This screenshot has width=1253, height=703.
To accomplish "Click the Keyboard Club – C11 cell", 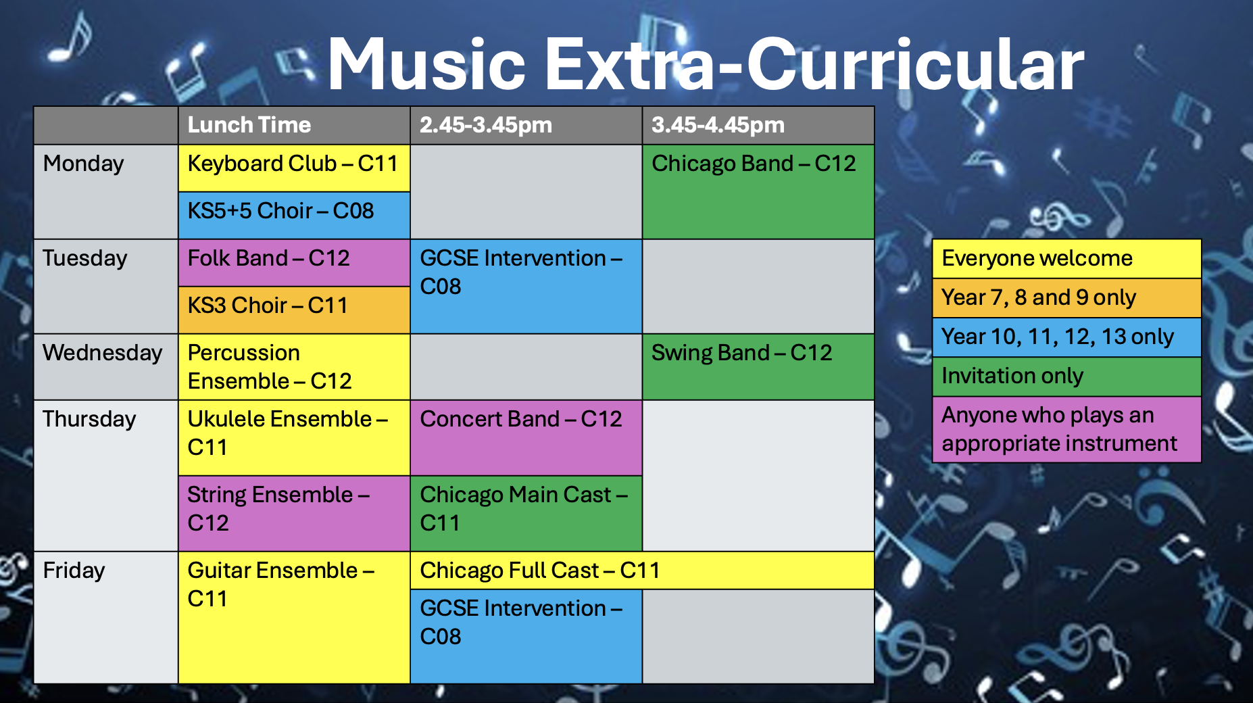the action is (294, 168).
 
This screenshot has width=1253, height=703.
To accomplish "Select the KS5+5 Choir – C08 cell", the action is (294, 216).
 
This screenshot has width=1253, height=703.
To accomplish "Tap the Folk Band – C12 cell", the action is (294, 263).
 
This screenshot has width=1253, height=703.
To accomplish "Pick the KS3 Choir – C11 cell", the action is (294, 310).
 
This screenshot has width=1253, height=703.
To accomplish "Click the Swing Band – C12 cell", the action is (758, 367).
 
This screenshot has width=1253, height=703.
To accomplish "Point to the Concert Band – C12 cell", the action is (526, 438).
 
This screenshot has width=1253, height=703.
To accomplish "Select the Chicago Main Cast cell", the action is (526, 514).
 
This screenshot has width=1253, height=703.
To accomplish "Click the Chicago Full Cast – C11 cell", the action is (642, 571).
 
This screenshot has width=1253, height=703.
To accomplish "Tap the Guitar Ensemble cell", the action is (294, 618).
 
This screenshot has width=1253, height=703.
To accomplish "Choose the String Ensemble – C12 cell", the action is (294, 514).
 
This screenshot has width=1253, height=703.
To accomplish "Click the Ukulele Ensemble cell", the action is (294, 438).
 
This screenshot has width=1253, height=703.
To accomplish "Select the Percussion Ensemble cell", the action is (294, 367).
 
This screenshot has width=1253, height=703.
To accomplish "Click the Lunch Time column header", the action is (294, 126).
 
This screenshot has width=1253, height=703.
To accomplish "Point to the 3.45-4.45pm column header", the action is (758, 126).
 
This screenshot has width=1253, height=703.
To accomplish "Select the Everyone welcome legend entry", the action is (1066, 259).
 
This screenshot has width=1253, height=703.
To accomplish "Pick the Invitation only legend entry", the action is (1066, 377).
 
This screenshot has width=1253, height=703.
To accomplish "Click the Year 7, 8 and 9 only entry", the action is (1066, 298).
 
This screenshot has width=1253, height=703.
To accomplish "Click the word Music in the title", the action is (427, 64).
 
